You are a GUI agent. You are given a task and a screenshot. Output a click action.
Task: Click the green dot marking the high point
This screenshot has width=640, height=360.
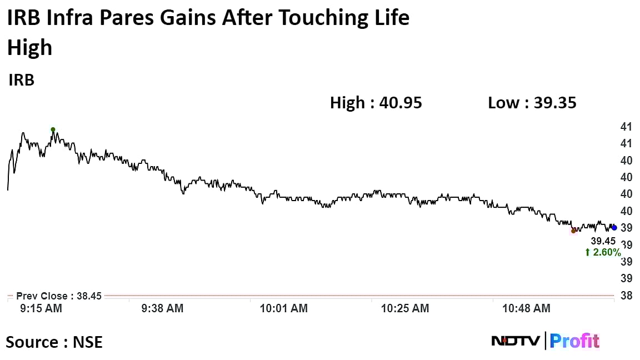pos(53,130)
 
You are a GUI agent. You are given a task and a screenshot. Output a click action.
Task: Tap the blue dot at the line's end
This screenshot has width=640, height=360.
pos(614,228)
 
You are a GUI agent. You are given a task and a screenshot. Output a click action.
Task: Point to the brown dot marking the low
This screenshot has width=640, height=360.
pos(573,231)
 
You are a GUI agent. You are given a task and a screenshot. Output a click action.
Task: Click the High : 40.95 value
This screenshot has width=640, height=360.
pos(376,103)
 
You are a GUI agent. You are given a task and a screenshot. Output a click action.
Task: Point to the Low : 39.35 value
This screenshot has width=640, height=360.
pos(532,103)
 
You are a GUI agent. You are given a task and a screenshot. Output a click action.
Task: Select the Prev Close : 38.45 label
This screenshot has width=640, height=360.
pos(59,296)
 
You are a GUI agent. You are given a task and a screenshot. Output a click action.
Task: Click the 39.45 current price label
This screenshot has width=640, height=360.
pos(603,241)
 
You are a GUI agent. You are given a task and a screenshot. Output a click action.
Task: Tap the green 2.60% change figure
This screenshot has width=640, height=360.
pos(606,253)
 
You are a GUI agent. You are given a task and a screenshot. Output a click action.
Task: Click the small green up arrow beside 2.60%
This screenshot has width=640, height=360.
pos(587,253)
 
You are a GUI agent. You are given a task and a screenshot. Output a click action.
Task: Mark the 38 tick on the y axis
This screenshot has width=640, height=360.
pos(626,296)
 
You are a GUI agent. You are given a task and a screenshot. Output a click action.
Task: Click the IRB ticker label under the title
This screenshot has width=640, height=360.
pos(22,81)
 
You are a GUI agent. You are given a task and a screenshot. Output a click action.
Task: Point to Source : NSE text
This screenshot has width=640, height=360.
pos(54,342)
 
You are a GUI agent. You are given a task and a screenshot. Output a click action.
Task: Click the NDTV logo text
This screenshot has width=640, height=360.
pos(515,341)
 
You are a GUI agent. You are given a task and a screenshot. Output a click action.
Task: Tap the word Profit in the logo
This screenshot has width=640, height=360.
pos(574,341)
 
